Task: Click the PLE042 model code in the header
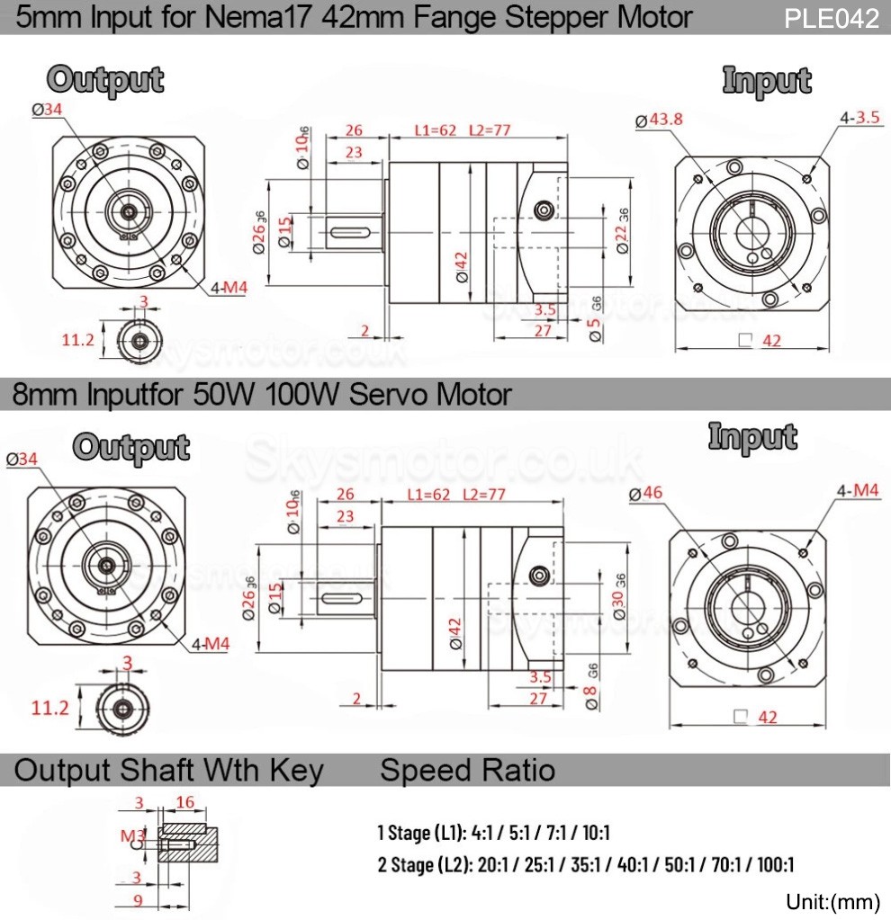(831, 19)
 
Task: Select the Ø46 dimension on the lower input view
(646, 493)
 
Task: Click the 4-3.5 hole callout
(859, 117)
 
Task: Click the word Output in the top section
(106, 80)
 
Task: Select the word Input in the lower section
(752, 437)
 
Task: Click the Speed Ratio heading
(467, 770)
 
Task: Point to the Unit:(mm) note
(832, 901)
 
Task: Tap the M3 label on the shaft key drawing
(130, 835)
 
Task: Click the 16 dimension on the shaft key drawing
(185, 802)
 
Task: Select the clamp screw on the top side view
(543, 210)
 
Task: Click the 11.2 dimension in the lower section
(50, 708)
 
